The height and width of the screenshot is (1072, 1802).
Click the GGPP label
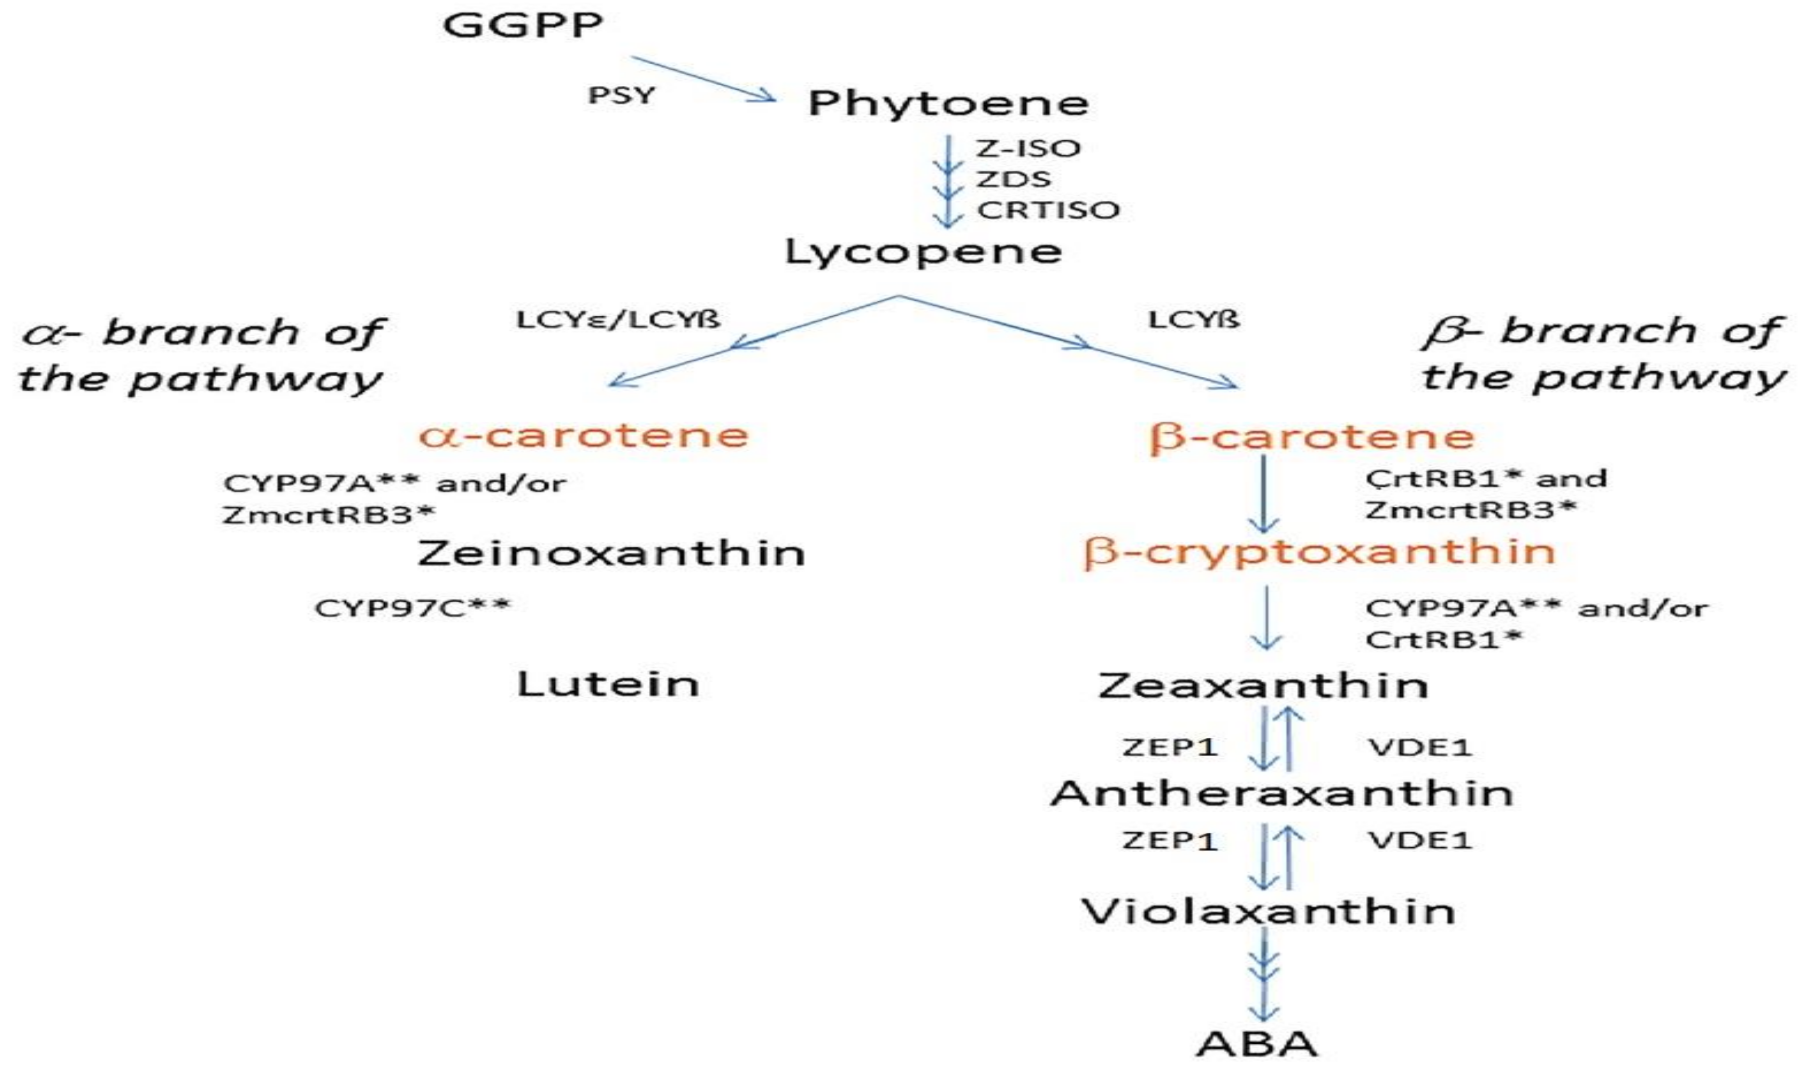[x=522, y=27]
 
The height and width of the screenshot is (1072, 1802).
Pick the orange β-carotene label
[x=1311, y=437]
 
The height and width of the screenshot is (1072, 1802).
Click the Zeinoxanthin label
[x=611, y=554]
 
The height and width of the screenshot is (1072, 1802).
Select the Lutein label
[x=608, y=684]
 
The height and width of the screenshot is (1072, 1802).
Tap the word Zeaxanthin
[x=1263, y=685]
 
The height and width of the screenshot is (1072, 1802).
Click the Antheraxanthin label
[x=1281, y=794]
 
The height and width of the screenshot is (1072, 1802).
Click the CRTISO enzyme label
[x=1048, y=210]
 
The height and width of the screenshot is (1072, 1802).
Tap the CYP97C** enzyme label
[x=412, y=607]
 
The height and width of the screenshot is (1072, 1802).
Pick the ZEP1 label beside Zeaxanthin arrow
[x=1170, y=747]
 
